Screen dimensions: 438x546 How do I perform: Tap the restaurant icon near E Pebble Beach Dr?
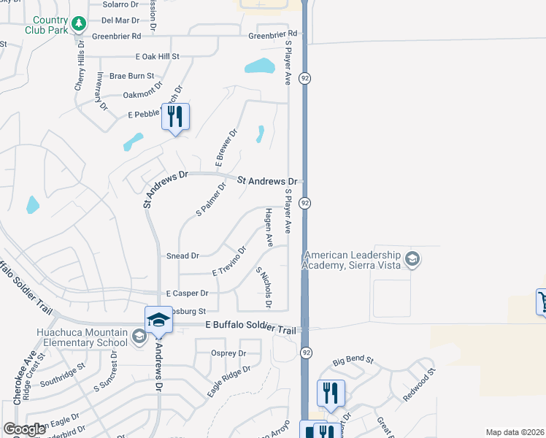175,117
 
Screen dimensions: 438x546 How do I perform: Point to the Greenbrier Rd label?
273,34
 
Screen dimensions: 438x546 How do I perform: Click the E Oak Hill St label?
157,56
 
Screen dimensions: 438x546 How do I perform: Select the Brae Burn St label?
131,76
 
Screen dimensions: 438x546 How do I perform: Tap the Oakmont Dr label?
141,95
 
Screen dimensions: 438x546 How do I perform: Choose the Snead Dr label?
182,256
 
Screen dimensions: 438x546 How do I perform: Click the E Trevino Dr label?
229,261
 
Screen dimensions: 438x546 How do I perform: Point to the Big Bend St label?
353,361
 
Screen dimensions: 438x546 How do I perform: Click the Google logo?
25,429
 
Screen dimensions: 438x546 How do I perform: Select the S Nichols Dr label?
264,286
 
